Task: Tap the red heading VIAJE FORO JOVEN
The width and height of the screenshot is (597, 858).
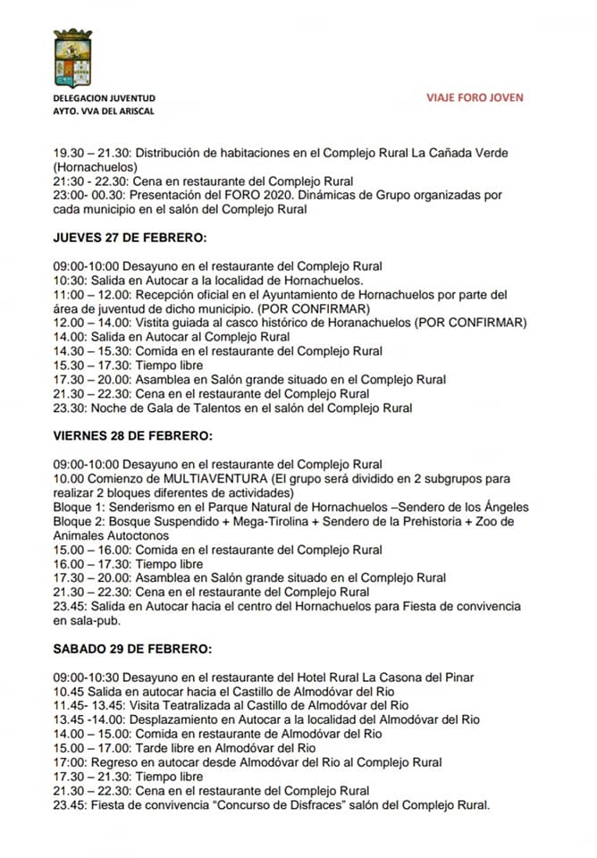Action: (x=475, y=97)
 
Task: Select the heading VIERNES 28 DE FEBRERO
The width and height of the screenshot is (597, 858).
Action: (x=132, y=436)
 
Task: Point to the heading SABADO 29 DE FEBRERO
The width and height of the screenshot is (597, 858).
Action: (x=130, y=648)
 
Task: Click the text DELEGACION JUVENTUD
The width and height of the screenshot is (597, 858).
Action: (x=104, y=97)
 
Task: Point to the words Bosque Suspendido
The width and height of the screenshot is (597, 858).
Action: (x=162, y=521)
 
